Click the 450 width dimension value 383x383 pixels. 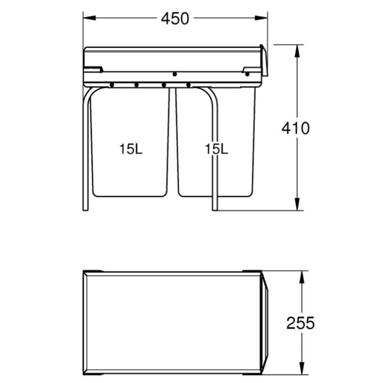click(175, 19)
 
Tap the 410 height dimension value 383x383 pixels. click(295, 128)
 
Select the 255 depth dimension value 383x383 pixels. click(301, 323)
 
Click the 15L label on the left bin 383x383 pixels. click(131, 149)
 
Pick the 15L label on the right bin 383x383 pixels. click(216, 149)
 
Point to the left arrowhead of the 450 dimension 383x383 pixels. click(90, 18)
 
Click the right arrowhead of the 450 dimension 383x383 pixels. click(261, 18)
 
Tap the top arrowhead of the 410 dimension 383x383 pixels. click(297, 51)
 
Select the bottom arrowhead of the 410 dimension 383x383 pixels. click(297, 204)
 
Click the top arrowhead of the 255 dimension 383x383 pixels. click(302, 277)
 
